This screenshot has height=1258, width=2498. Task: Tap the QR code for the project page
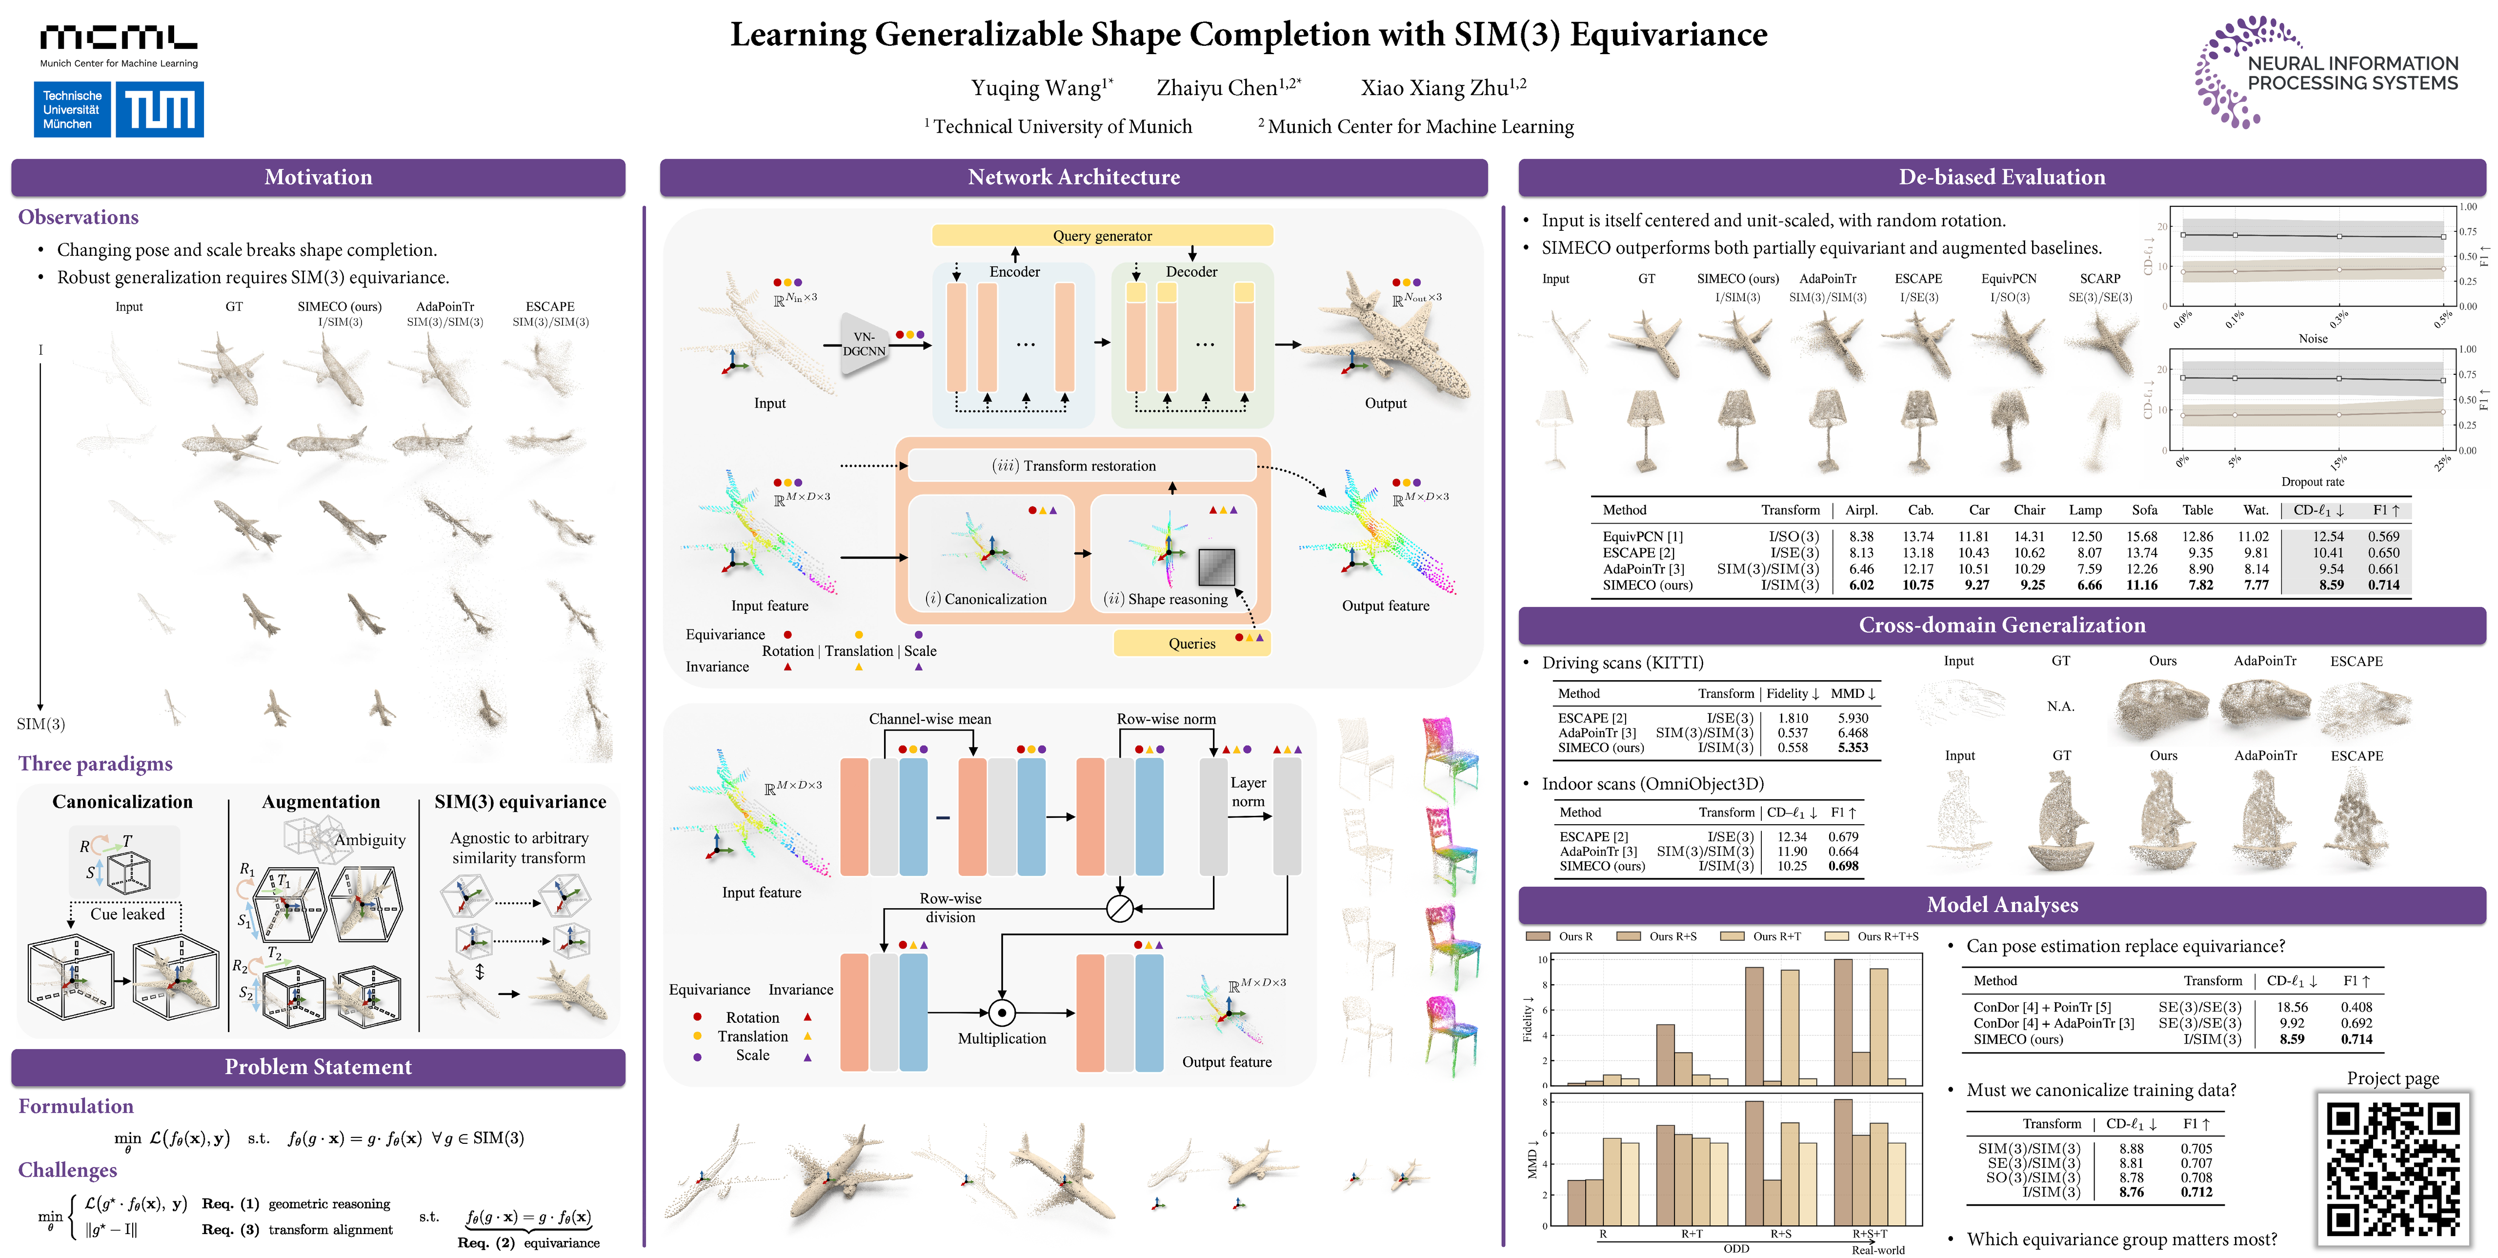[x=2392, y=1169]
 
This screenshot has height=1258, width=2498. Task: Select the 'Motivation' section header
[x=318, y=177]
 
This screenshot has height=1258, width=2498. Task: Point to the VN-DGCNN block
[x=863, y=345]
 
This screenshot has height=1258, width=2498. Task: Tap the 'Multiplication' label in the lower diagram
[x=1002, y=1038]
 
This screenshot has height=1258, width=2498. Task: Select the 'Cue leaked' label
[x=127, y=913]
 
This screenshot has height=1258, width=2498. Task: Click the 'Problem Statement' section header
[x=318, y=1067]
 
